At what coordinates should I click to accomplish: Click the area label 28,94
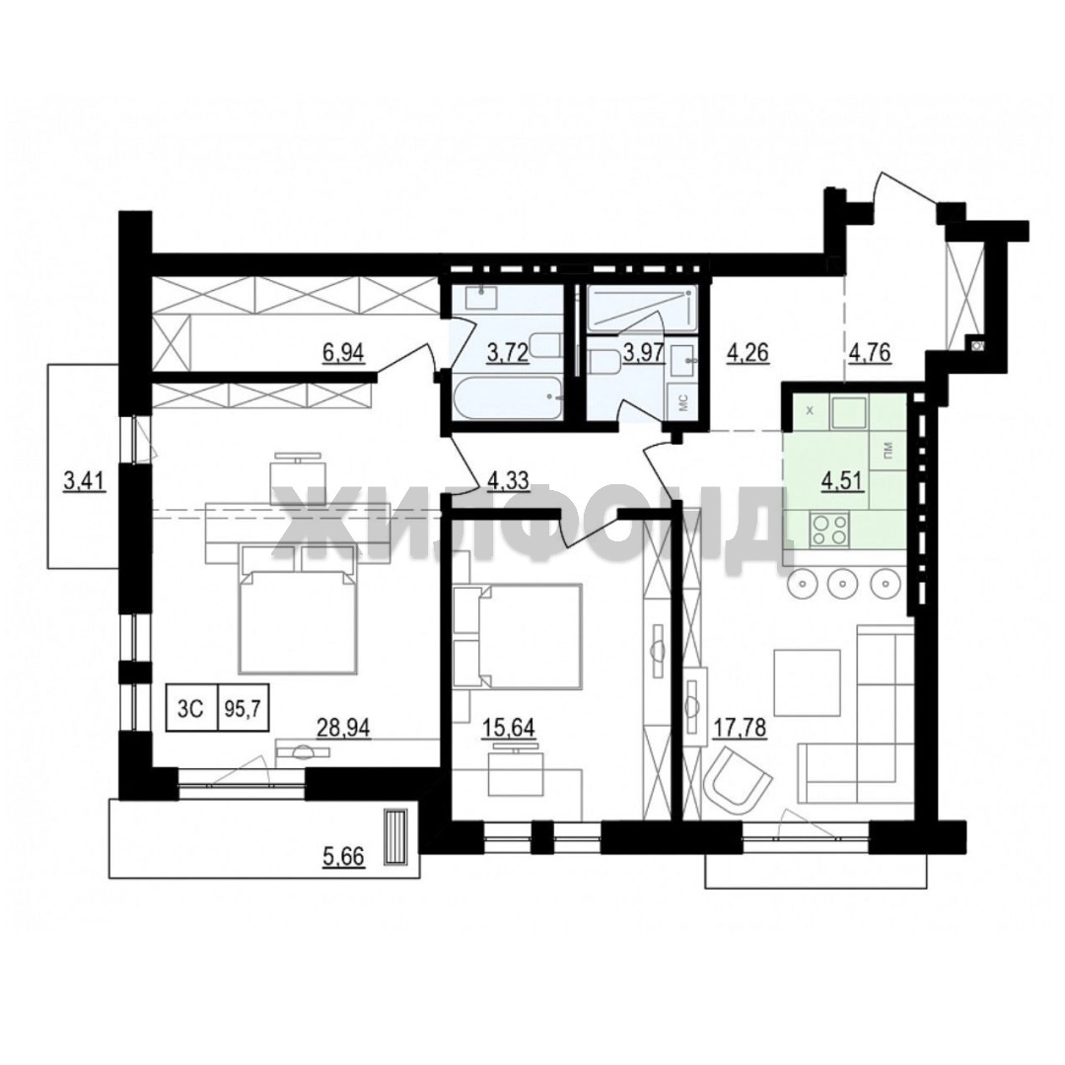(344, 728)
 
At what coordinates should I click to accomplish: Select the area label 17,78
(740, 728)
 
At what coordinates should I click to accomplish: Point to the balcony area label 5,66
(344, 857)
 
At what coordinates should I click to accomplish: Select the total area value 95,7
(244, 706)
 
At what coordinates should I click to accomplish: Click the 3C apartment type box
(191, 706)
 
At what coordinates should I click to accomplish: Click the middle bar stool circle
(842, 583)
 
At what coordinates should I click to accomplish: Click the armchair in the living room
(738, 780)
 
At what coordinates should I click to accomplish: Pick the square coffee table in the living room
(807, 682)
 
